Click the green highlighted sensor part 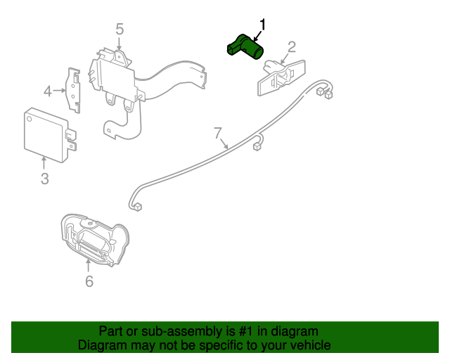click(x=245, y=47)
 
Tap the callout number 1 click(x=263, y=25)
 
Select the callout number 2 click(x=291, y=47)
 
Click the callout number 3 click(x=44, y=179)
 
